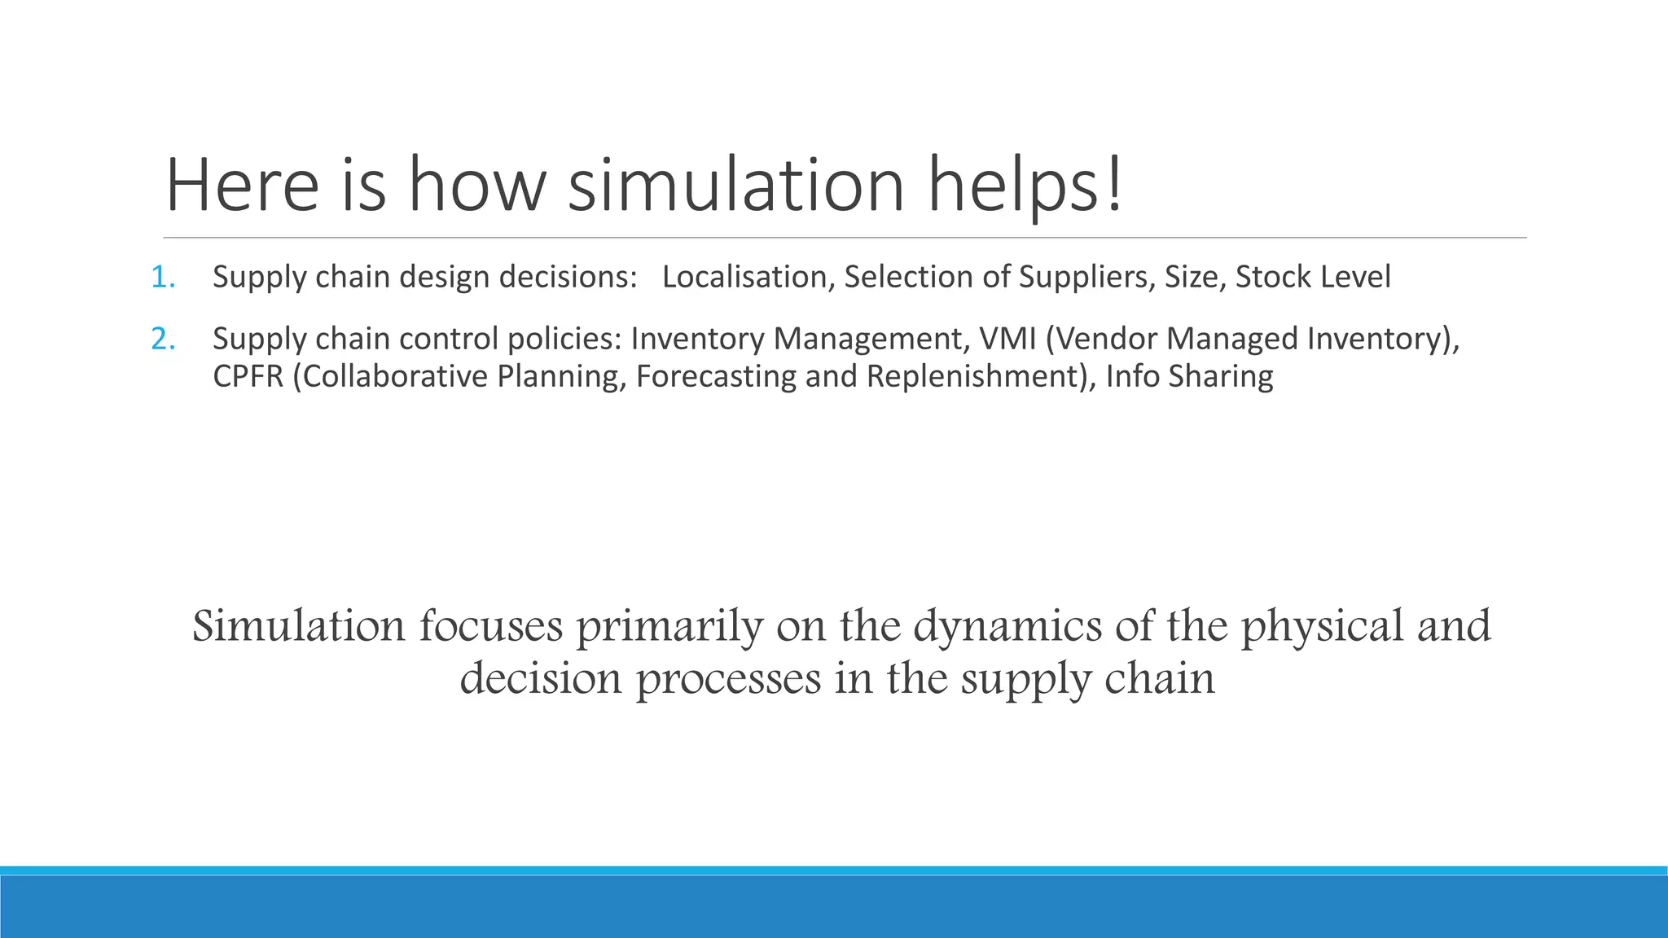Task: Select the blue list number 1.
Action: (162, 278)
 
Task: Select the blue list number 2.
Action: (162, 339)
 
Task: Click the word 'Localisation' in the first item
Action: (744, 278)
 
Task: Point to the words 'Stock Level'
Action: (1313, 278)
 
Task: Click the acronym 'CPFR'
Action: (248, 377)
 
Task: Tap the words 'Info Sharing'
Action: (1189, 377)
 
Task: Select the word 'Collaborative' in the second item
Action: (390, 377)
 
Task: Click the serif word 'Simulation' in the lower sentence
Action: (298, 626)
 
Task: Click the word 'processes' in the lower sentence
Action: (728, 678)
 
